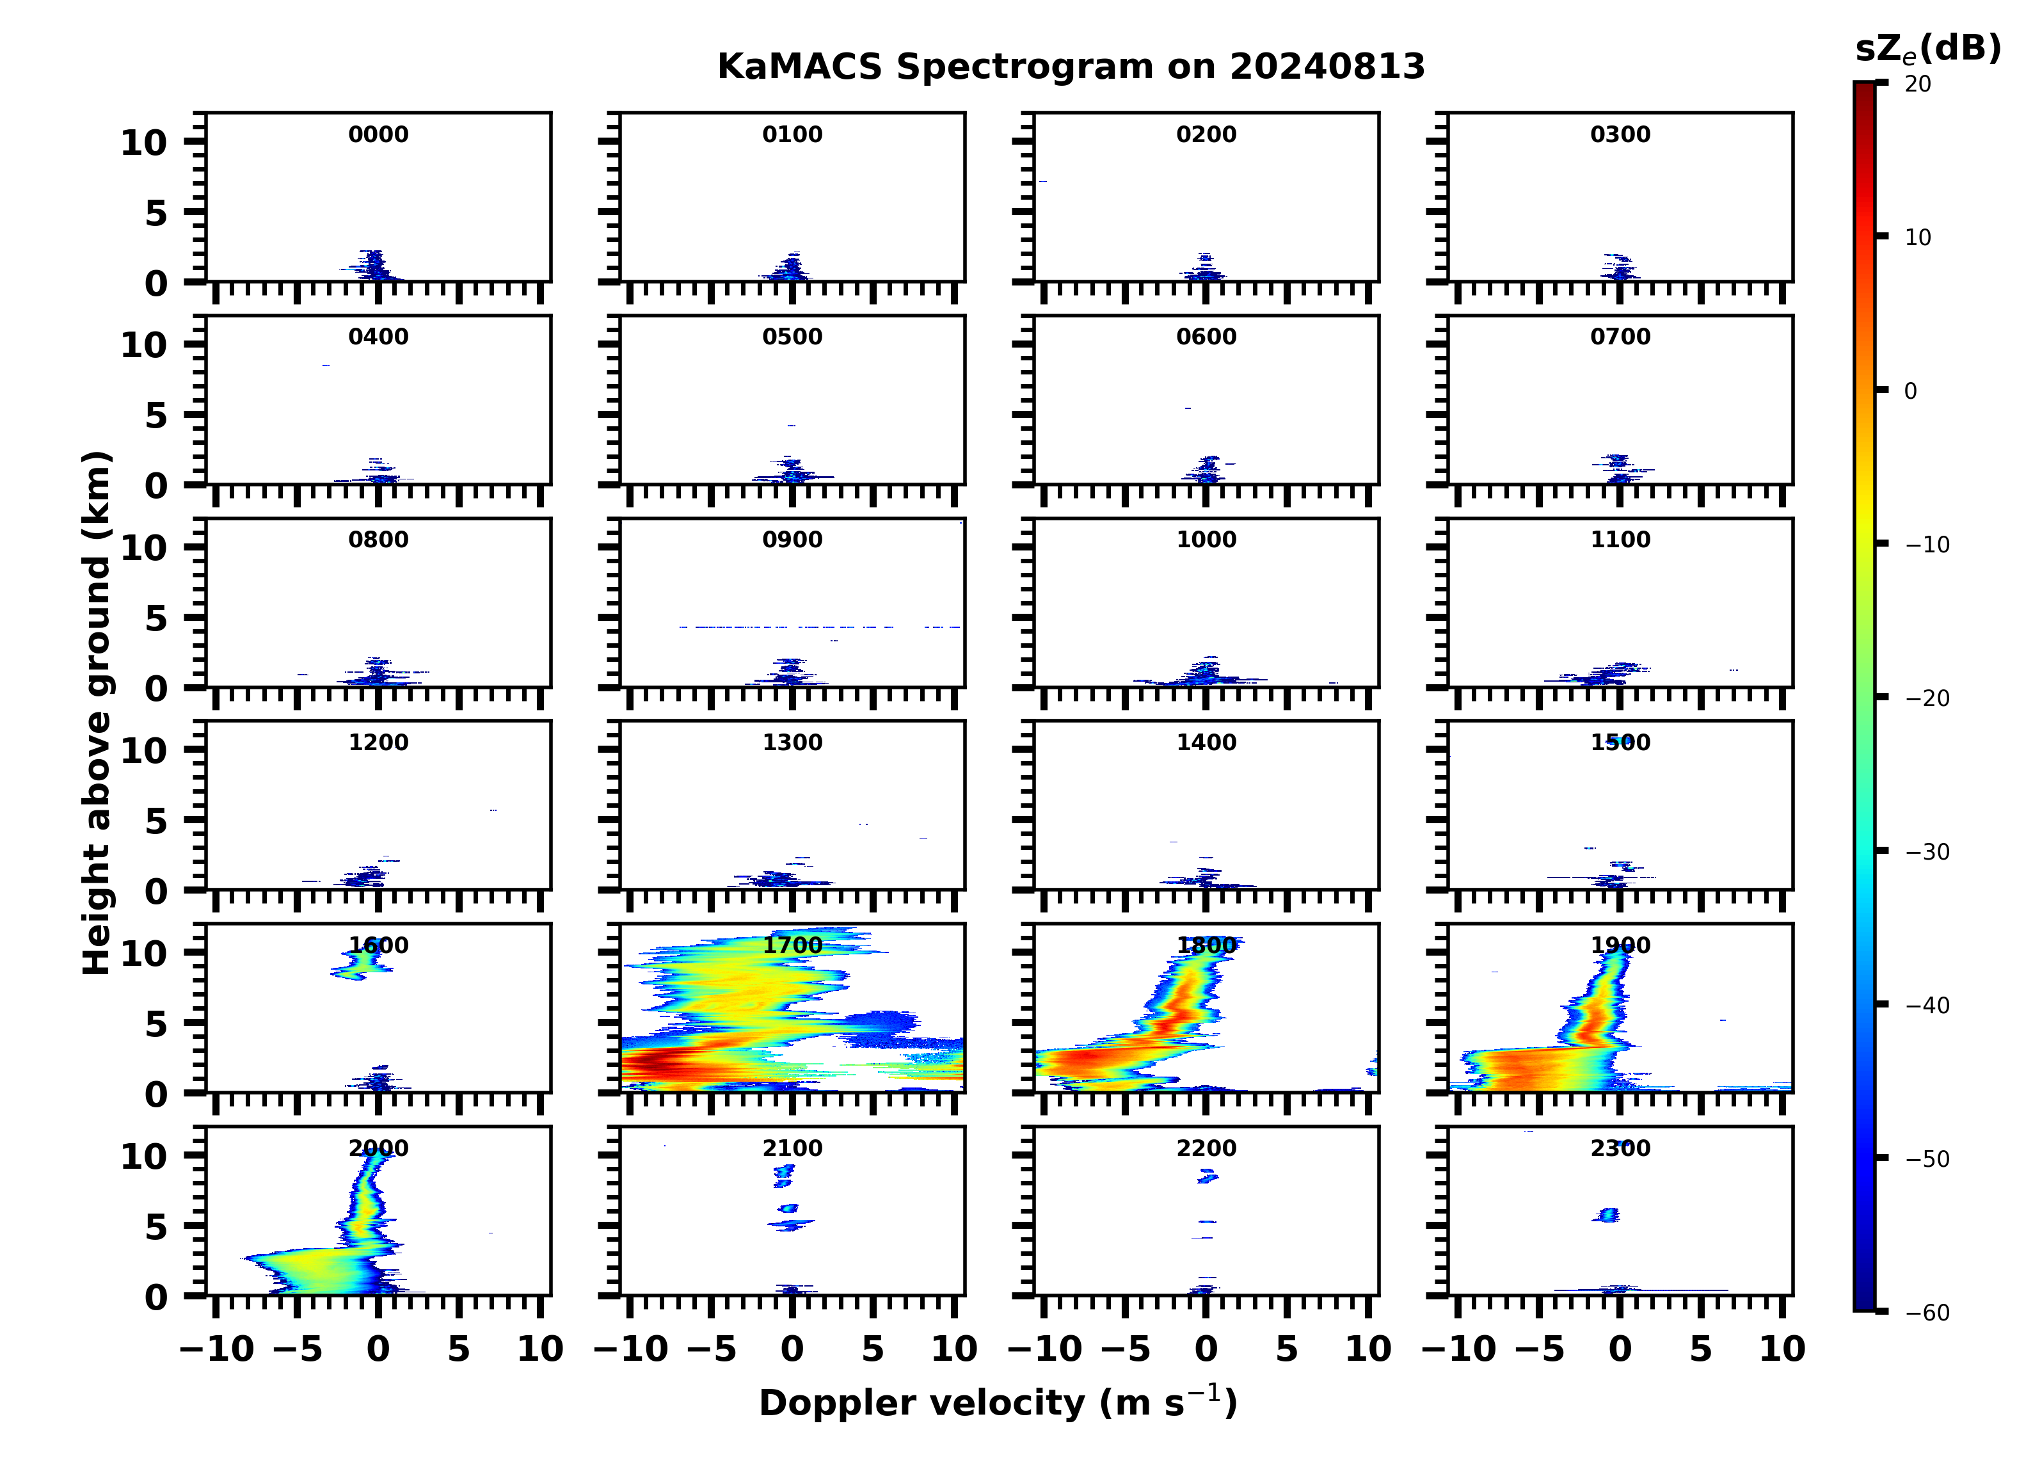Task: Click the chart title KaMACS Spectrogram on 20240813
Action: click(x=1071, y=67)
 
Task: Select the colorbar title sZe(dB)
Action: click(x=1927, y=49)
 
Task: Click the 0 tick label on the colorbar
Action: click(x=1910, y=391)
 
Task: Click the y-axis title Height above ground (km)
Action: click(x=97, y=713)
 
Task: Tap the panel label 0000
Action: click(x=378, y=134)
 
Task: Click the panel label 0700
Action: click(x=1620, y=337)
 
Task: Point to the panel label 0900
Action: click(x=792, y=540)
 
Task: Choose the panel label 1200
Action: click(x=378, y=742)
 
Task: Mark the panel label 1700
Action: click(x=792, y=945)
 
